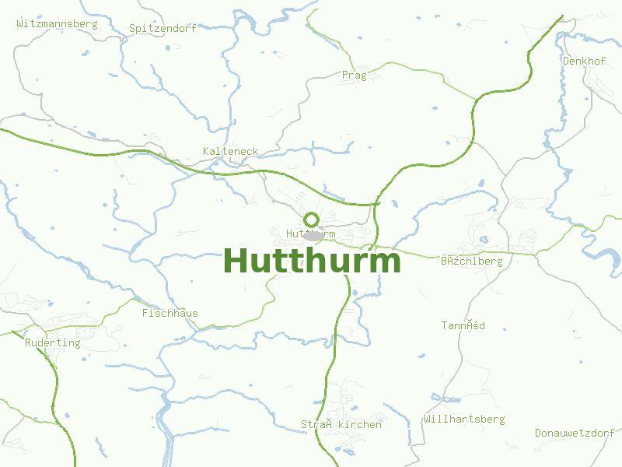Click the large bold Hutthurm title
(x=313, y=261)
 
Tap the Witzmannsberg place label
(x=57, y=23)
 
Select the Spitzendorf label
(x=162, y=28)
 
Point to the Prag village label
(x=354, y=75)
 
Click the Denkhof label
(x=584, y=61)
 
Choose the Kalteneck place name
(x=230, y=151)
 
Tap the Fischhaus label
(x=169, y=314)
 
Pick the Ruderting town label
(x=53, y=342)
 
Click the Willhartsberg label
(x=464, y=420)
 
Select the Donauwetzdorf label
(x=575, y=433)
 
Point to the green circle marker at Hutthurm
(x=312, y=219)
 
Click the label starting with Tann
(x=463, y=325)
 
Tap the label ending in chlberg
(x=471, y=262)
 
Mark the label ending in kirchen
(x=341, y=425)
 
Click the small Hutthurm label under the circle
(x=310, y=233)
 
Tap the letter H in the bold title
(x=237, y=261)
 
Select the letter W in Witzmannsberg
(x=19, y=23)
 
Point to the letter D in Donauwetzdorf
(x=538, y=433)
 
